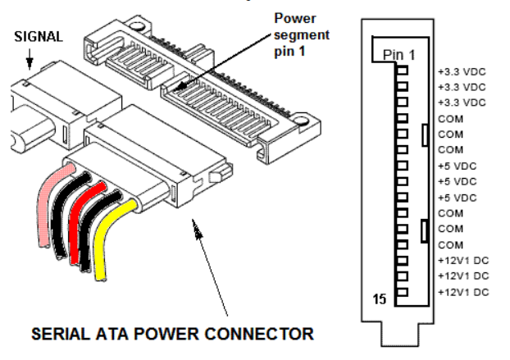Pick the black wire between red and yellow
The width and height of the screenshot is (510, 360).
click(x=93, y=234)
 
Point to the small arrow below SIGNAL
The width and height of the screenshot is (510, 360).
click(x=30, y=60)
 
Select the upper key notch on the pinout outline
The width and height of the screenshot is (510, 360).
click(x=424, y=134)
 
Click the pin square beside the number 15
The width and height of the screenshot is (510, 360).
click(x=403, y=293)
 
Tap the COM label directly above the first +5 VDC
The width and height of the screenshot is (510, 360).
click(x=451, y=150)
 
